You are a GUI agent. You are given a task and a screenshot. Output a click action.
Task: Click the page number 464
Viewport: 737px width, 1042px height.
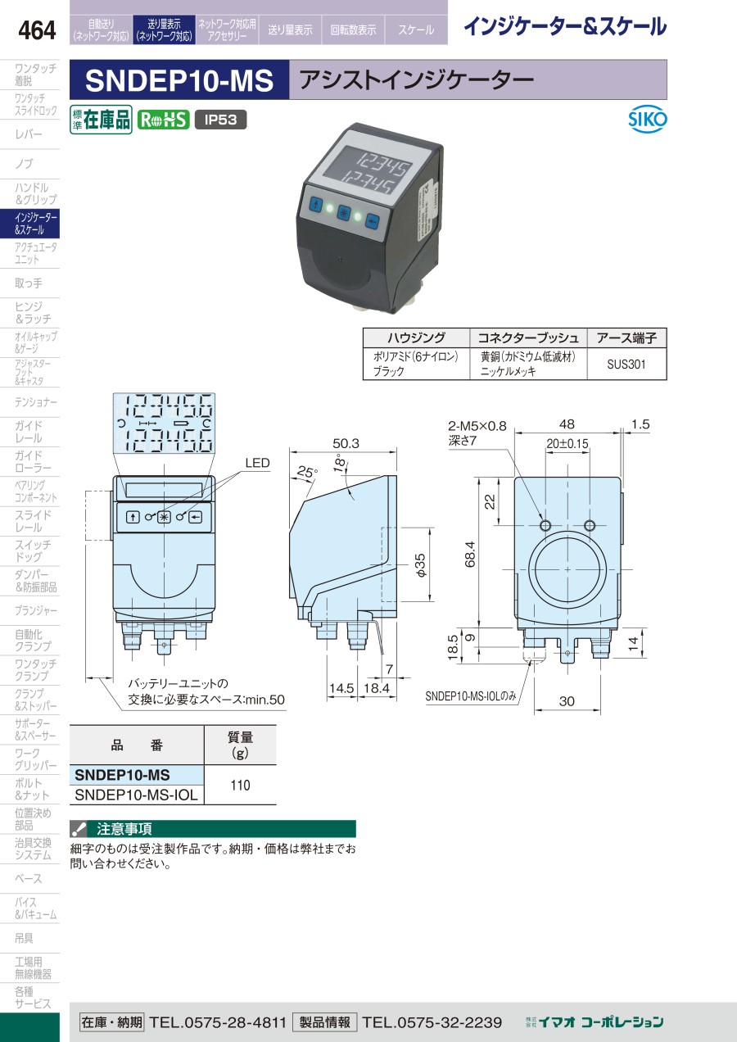[x=37, y=31]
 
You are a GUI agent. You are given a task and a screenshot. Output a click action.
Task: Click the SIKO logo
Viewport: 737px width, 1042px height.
[x=648, y=120]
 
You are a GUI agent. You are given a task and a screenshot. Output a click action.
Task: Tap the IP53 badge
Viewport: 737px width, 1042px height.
[x=220, y=120]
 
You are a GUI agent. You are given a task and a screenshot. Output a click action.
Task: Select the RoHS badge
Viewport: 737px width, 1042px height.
[x=163, y=120]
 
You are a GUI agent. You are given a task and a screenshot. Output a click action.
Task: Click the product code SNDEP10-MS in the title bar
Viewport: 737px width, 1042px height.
[x=179, y=80]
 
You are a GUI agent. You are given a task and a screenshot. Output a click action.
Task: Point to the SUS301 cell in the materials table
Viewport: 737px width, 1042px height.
[x=626, y=364]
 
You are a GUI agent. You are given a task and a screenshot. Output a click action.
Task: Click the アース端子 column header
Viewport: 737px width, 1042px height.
[x=626, y=338]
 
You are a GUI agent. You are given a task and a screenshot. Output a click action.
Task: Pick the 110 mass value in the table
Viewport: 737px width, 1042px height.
[x=240, y=786]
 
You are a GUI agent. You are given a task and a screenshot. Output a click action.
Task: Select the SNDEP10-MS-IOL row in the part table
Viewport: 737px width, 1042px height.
[x=136, y=795]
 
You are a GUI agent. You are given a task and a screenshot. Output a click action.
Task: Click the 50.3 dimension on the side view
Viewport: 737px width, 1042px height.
[x=346, y=443]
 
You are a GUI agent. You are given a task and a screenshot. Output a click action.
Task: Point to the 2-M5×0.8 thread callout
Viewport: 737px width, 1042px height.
[x=477, y=425]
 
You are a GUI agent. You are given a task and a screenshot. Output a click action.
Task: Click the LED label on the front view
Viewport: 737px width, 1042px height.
[x=257, y=464]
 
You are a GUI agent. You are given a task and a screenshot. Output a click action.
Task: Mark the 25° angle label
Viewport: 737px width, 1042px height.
[x=307, y=473]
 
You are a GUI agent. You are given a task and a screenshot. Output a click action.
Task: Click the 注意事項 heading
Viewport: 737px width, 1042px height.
[x=124, y=828]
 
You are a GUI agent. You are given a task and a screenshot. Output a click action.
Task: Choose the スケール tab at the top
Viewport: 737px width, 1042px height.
[x=416, y=30]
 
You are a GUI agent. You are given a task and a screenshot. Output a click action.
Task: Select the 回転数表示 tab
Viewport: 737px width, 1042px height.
[x=353, y=30]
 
